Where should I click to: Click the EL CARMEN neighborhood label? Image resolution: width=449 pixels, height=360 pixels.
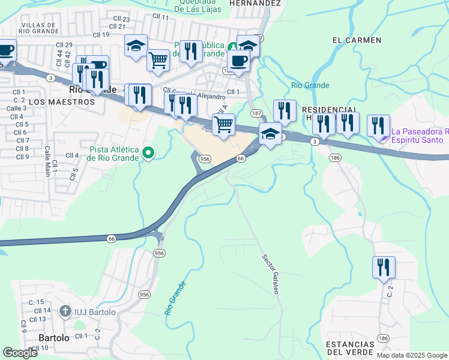click(x=357, y=40)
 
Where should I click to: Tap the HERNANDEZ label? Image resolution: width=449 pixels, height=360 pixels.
click(x=255, y=3)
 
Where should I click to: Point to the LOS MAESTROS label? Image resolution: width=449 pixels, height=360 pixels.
click(x=62, y=103)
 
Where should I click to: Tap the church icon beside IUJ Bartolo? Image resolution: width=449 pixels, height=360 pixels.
click(x=65, y=311)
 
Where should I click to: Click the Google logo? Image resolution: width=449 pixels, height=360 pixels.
click(x=20, y=352)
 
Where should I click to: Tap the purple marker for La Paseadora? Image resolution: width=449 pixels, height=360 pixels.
click(x=384, y=139)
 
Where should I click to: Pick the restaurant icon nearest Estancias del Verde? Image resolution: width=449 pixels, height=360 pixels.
click(x=383, y=267)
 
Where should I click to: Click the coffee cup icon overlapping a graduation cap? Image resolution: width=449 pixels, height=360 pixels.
click(x=238, y=61)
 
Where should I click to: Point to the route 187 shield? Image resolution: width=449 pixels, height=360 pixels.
click(x=256, y=113)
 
